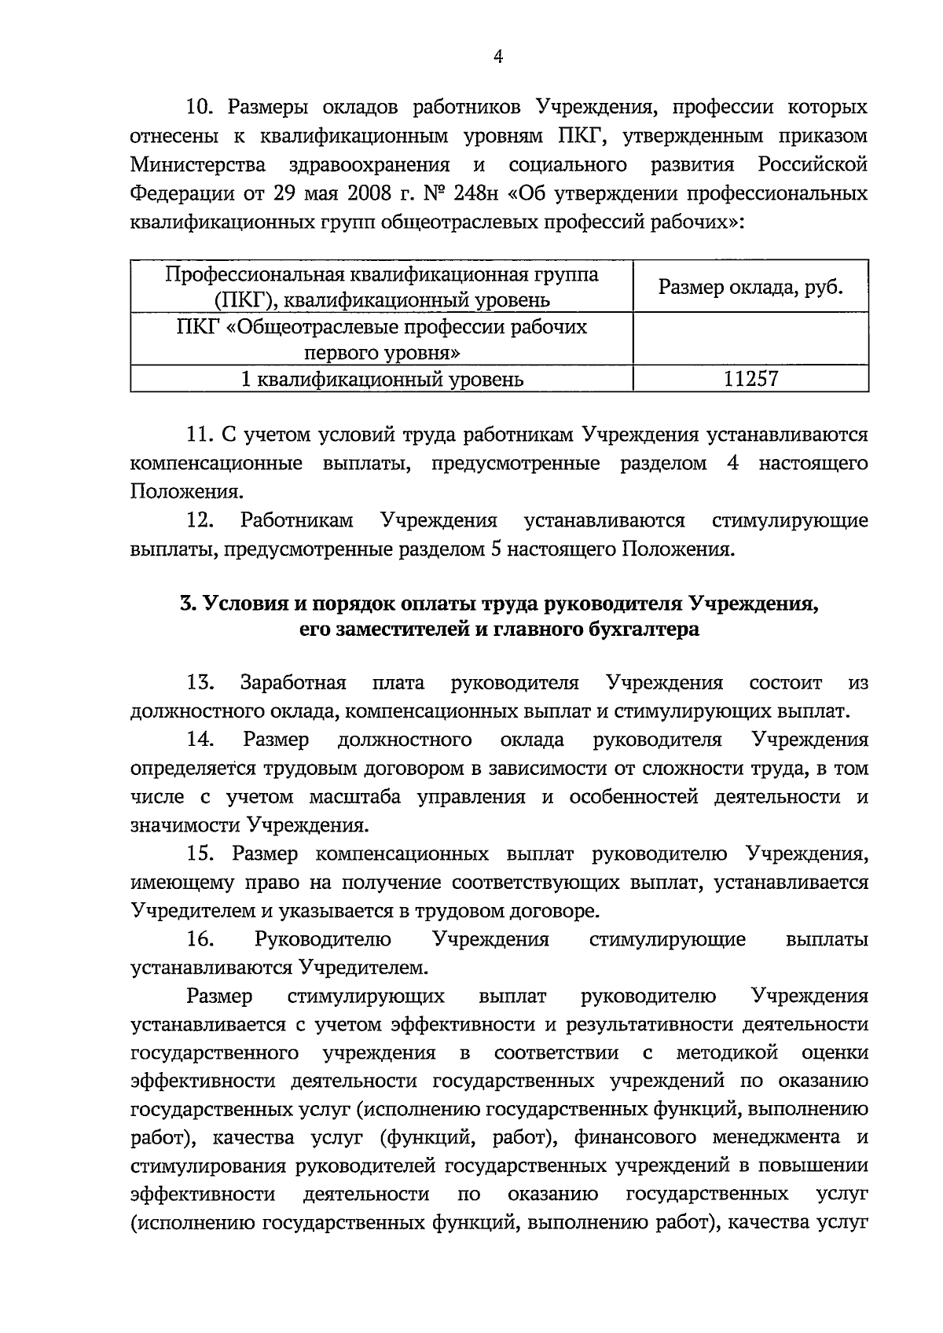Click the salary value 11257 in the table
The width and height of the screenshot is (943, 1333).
click(x=750, y=380)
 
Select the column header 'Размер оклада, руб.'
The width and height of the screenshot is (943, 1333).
click(x=750, y=287)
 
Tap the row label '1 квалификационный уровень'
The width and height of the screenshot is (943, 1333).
click(x=382, y=380)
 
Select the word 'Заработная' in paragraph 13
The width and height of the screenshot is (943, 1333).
click(x=293, y=683)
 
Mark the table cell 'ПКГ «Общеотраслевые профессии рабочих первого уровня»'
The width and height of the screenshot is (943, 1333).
click(x=382, y=339)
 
